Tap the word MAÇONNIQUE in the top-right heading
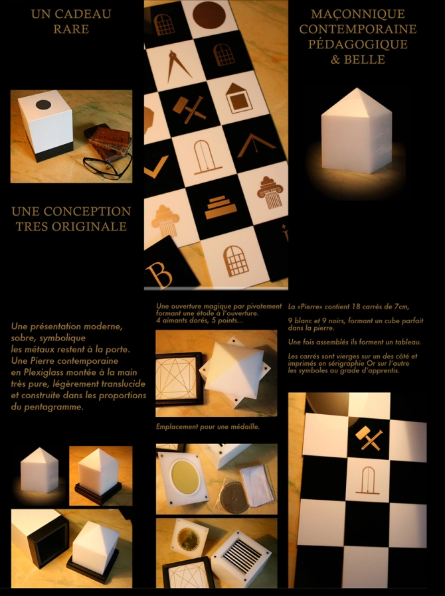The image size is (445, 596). pyautogui.click(x=357, y=14)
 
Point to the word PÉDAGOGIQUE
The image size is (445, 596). pyautogui.click(x=357, y=44)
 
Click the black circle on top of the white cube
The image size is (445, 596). pyautogui.click(x=43, y=104)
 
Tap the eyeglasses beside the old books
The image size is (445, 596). pyautogui.click(x=107, y=165)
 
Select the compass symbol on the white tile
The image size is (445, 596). pyautogui.click(x=174, y=66)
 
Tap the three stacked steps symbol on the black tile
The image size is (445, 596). pyautogui.click(x=218, y=208)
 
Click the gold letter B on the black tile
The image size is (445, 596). pyautogui.click(x=160, y=274)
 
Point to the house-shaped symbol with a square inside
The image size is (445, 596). pyautogui.click(x=238, y=98)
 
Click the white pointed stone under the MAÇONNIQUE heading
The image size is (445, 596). pyautogui.click(x=356, y=130)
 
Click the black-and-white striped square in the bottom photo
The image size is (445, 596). pyautogui.click(x=241, y=556)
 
